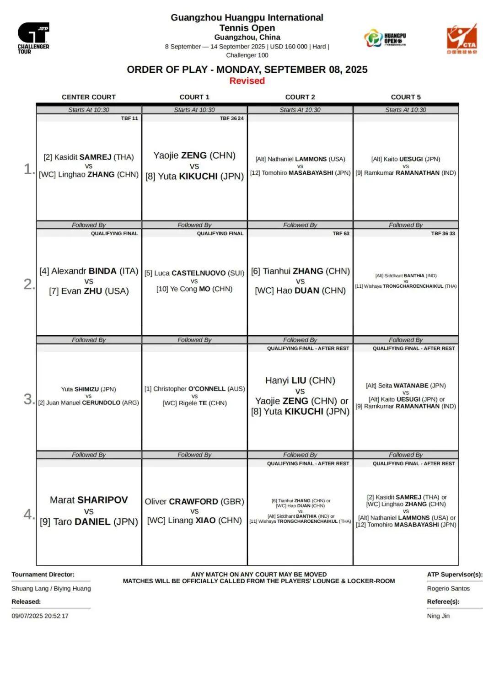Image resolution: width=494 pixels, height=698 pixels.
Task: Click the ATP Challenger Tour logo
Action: point(33,38)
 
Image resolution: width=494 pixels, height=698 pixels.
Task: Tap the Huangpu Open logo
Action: point(385,38)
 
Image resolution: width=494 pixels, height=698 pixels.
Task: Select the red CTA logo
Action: point(462,39)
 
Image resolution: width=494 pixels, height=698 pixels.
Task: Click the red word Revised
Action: point(247,81)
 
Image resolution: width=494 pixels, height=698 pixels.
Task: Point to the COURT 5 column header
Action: point(405,97)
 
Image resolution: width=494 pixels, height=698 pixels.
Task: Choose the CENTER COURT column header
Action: point(89,97)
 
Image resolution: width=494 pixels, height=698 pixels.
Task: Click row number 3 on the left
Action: point(28,399)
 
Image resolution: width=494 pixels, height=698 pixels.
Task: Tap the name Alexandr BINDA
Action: point(89,271)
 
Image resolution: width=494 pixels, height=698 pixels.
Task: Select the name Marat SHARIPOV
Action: point(89,500)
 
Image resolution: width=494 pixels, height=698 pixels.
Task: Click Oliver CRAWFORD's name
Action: point(194,501)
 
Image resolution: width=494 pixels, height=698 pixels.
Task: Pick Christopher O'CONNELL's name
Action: point(194,389)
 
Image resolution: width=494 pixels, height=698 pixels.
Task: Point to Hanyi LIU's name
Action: point(300,381)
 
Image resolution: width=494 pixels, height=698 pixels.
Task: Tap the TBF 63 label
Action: point(341,233)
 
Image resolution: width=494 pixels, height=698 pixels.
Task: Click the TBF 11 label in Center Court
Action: point(129,118)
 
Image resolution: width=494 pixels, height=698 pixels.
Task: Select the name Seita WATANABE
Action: point(406,386)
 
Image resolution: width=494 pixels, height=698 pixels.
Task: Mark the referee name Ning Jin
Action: point(438,616)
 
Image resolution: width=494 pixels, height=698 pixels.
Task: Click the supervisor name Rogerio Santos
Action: point(448,589)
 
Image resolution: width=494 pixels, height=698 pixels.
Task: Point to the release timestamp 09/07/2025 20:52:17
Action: point(40,616)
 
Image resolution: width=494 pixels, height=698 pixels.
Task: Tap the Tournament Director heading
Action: point(43,575)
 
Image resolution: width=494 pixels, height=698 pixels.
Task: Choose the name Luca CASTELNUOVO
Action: point(194,273)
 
